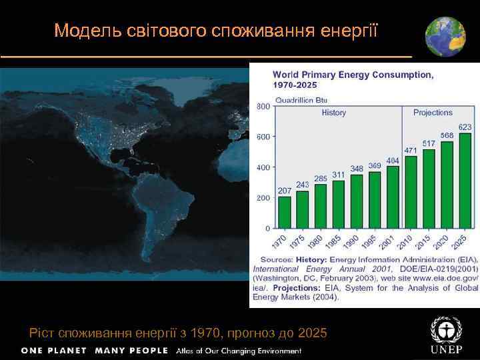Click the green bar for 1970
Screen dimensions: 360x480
coord(285,212)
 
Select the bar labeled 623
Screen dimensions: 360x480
coord(465,181)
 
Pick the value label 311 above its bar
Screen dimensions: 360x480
coord(339,175)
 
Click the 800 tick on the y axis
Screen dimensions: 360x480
coord(263,106)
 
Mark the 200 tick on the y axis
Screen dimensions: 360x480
coord(263,198)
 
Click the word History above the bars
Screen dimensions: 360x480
coord(333,113)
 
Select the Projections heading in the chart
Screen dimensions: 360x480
coord(433,113)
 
